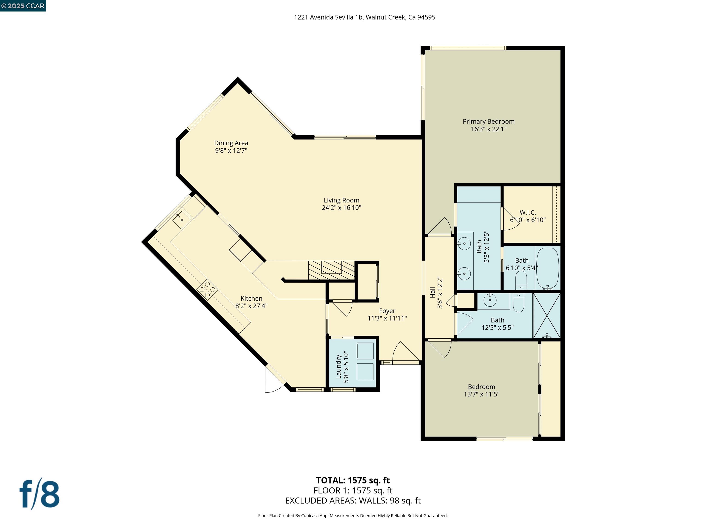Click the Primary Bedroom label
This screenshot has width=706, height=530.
click(488, 122)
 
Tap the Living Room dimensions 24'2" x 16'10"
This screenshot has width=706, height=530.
click(341, 208)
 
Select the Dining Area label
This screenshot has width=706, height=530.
click(231, 143)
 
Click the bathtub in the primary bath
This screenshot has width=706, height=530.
click(548, 268)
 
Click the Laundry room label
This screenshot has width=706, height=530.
click(339, 366)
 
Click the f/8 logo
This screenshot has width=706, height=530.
click(40, 495)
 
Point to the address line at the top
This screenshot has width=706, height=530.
click(364, 17)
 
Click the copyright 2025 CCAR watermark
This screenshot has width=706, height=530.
click(23, 6)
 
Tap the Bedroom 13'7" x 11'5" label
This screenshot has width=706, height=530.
click(481, 390)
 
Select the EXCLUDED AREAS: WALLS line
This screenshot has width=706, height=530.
click(353, 501)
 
